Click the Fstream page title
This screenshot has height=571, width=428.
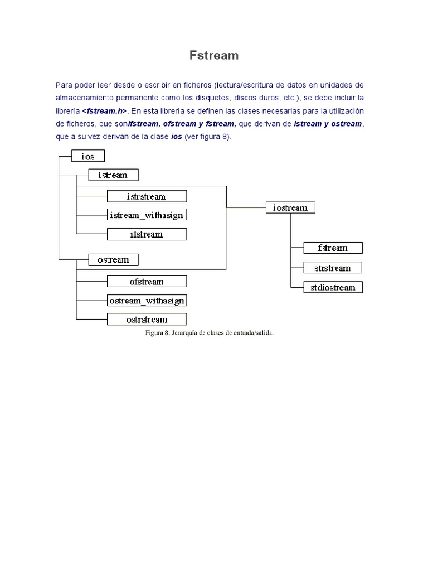point(214,55)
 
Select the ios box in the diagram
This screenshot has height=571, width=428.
point(88,157)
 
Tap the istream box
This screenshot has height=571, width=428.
point(113,175)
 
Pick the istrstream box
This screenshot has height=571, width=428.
point(147,196)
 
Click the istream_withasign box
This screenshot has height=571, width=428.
point(147,215)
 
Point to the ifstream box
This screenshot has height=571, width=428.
point(147,234)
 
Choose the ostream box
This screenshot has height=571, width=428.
point(113,259)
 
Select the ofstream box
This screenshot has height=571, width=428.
point(147,282)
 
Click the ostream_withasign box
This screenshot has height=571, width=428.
point(147,301)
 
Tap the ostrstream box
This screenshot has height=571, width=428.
point(147,320)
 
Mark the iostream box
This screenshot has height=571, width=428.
point(290,207)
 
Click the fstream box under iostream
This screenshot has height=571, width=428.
point(333,248)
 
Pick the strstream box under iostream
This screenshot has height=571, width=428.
point(333,268)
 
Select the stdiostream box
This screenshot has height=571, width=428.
point(333,288)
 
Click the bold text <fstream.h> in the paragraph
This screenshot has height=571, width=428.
point(104,110)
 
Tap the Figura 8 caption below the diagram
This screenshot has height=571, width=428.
point(209,333)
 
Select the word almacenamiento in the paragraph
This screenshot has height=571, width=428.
point(84,98)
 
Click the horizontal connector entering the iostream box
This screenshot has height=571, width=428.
point(245,207)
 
